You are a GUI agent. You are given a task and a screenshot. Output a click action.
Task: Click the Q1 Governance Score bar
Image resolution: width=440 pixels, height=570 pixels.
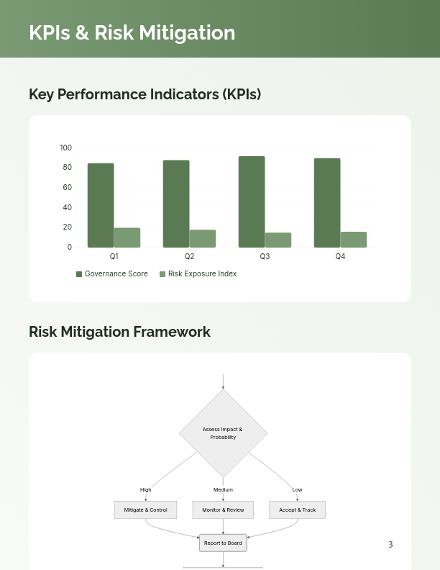pyautogui.click(x=101, y=205)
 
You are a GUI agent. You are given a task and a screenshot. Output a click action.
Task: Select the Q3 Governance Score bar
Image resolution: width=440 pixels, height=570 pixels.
pyautogui.click(x=252, y=202)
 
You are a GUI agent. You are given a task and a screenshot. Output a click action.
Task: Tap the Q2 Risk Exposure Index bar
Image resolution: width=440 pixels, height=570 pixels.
pyautogui.click(x=203, y=239)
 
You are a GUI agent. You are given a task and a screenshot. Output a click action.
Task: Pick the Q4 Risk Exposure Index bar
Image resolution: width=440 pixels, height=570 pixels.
pyautogui.click(x=354, y=240)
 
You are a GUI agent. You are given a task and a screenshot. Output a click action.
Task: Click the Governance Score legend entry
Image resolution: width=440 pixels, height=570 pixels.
pyautogui.click(x=112, y=274)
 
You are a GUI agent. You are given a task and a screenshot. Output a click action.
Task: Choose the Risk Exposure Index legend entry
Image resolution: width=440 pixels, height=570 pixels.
pyautogui.click(x=198, y=274)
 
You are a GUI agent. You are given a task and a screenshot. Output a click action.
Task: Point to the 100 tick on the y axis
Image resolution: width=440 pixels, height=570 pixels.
pyautogui.click(x=66, y=148)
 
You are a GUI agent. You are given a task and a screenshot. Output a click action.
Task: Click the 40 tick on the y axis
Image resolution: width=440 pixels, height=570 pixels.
pyautogui.click(x=68, y=208)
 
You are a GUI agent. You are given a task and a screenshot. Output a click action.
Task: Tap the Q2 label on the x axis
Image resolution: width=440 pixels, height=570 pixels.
pyautogui.click(x=189, y=257)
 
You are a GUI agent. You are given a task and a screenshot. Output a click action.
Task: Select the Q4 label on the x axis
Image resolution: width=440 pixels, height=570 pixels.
pyautogui.click(x=340, y=257)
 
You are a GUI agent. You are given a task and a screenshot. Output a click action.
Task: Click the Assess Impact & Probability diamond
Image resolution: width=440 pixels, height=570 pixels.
pyautogui.click(x=223, y=433)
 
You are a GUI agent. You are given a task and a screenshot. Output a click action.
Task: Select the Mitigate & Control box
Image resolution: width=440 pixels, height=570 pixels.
pyautogui.click(x=145, y=510)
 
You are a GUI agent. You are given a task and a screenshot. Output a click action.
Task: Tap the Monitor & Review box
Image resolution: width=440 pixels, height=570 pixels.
pyautogui.click(x=223, y=510)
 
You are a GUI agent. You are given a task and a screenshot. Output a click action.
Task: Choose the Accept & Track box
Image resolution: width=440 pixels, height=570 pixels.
pyautogui.click(x=297, y=510)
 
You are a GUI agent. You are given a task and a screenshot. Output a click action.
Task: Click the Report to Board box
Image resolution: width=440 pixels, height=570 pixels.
pyautogui.click(x=223, y=543)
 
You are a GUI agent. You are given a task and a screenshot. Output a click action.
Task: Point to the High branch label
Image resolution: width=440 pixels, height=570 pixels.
pyautogui.click(x=146, y=490)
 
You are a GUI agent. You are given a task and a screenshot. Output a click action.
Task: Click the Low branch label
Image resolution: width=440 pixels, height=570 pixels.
pyautogui.click(x=297, y=490)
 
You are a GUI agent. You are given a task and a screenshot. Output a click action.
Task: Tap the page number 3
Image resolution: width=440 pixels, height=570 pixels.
pyautogui.click(x=390, y=545)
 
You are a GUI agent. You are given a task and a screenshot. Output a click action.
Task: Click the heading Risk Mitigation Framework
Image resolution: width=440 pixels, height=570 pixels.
pyautogui.click(x=119, y=332)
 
